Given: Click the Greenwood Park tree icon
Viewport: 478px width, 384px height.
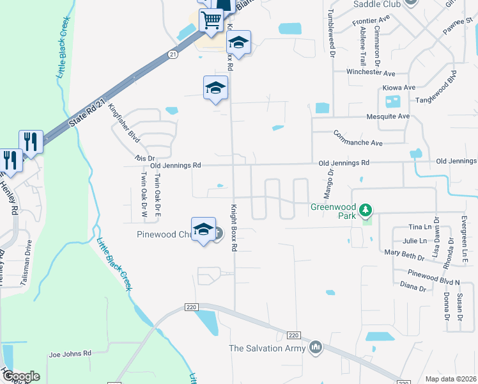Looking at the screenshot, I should pyautogui.click(x=365, y=210).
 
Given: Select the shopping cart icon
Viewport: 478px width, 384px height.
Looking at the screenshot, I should pyautogui.click(x=210, y=20).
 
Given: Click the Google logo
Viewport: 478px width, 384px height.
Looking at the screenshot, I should pyautogui.click(x=20, y=376).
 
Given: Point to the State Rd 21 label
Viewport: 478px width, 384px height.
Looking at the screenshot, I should pyautogui.click(x=88, y=113).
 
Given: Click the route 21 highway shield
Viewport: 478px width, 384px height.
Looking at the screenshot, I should pyautogui.click(x=173, y=55).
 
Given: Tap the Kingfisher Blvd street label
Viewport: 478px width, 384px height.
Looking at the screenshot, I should pyautogui.click(x=124, y=122).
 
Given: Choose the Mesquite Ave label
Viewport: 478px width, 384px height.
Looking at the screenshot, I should pyautogui.click(x=387, y=116).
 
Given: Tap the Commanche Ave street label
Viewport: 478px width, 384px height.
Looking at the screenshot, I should pyautogui.click(x=358, y=139).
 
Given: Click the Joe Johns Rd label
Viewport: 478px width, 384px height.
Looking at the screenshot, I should pyautogui.click(x=70, y=353).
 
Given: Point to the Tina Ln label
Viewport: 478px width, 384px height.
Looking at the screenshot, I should pyautogui.click(x=419, y=227).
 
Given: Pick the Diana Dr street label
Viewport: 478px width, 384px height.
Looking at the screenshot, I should pyautogui.click(x=412, y=286).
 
